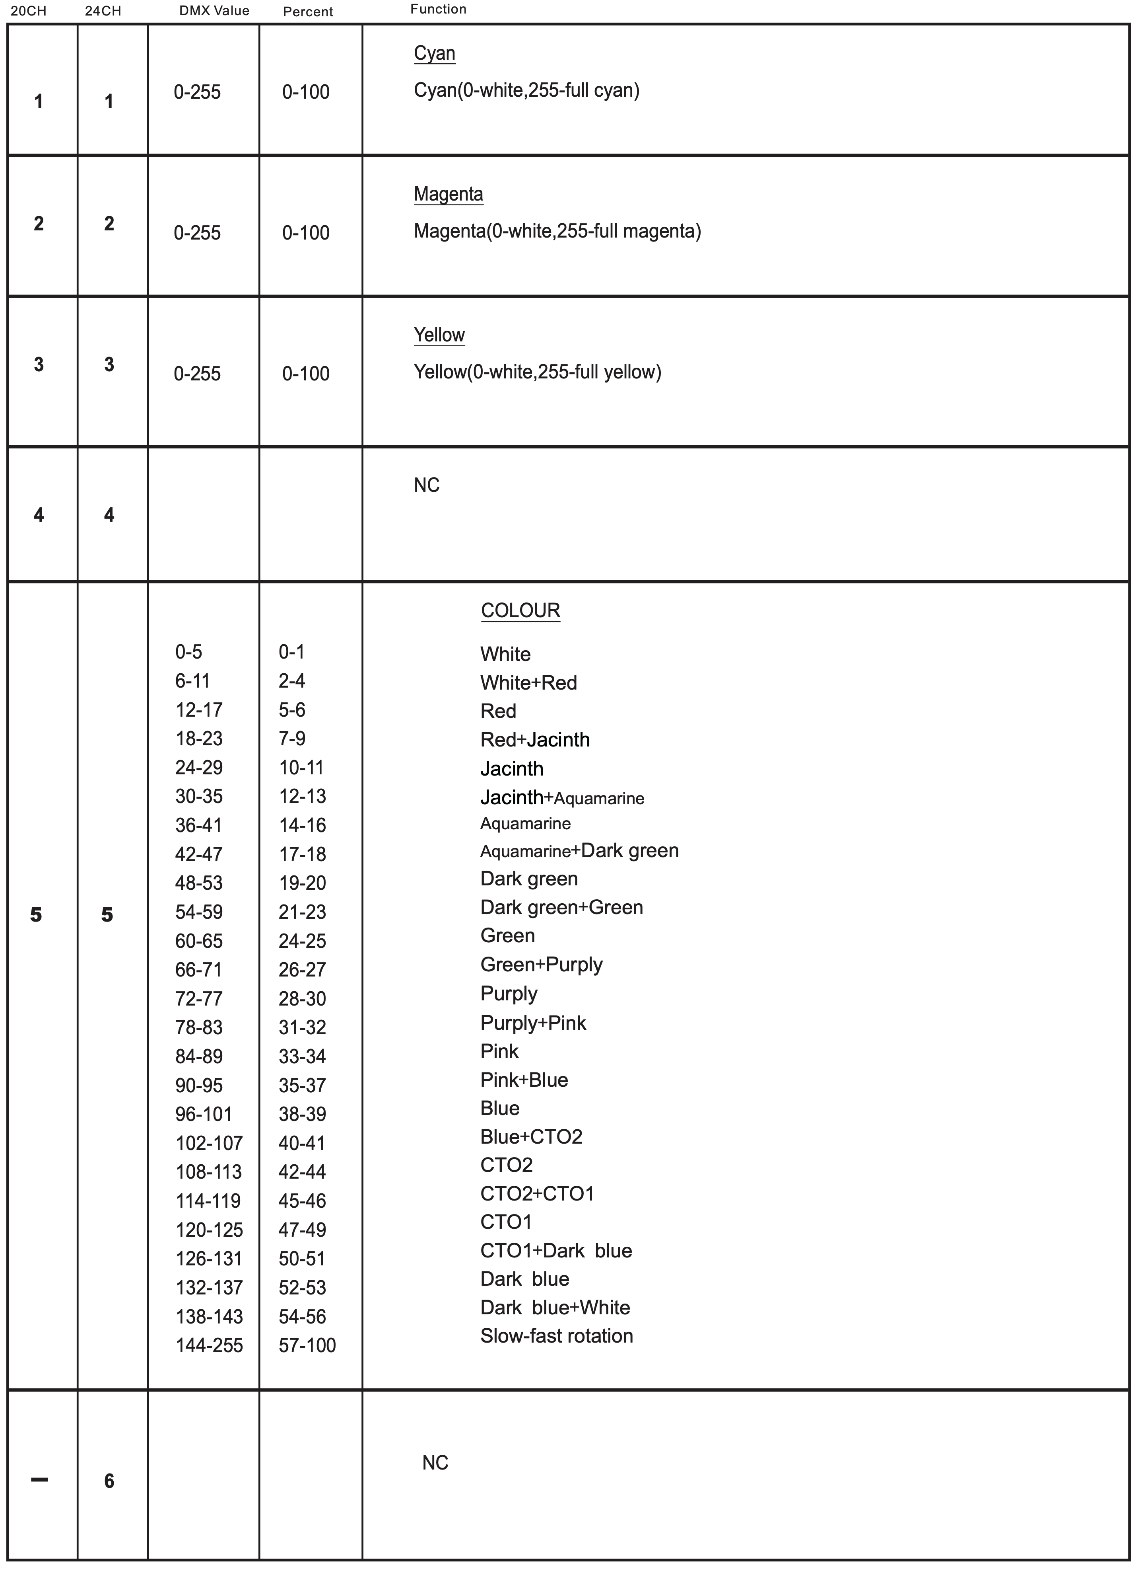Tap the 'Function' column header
click(438, 9)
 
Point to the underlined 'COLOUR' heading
click(520, 610)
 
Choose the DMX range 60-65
click(199, 941)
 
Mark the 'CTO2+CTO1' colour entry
click(537, 1193)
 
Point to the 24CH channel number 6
click(109, 1481)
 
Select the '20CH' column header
click(28, 11)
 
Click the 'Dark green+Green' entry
click(561, 907)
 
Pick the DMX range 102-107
click(209, 1143)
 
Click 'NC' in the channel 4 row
click(426, 485)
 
